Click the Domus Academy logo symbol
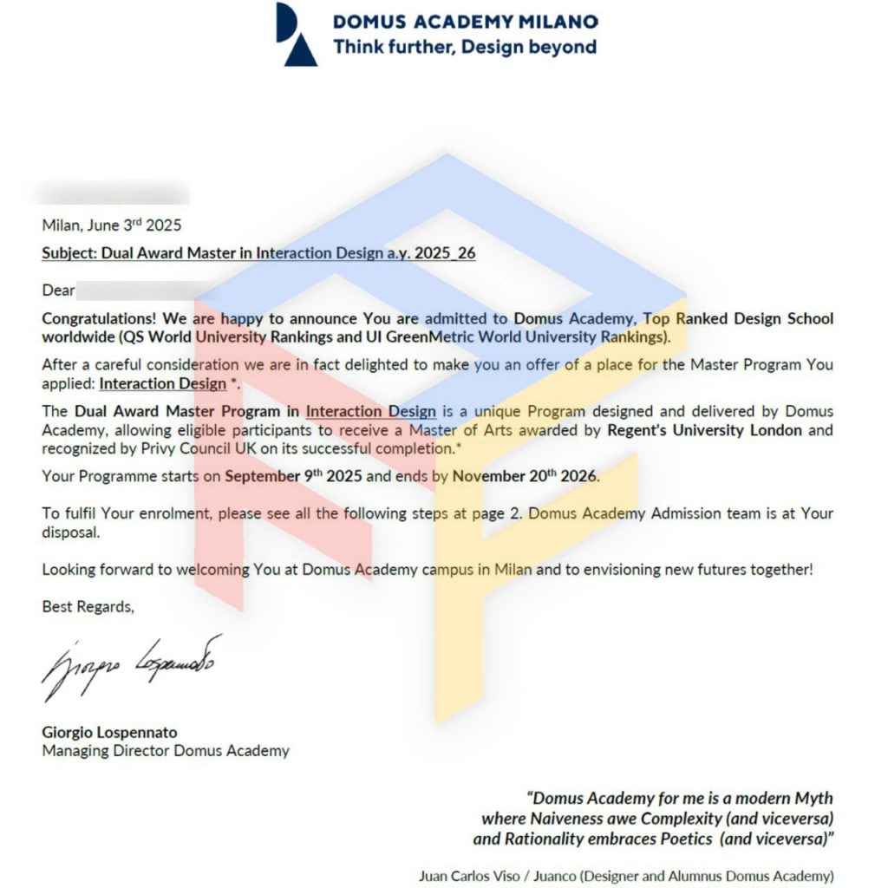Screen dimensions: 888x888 pos(296,34)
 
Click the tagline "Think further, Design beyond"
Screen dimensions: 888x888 pos(465,47)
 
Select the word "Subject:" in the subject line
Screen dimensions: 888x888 pos(69,253)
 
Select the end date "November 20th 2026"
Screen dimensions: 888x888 pos(525,476)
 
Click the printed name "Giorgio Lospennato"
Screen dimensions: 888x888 pos(109,733)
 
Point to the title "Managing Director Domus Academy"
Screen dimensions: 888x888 pos(166,751)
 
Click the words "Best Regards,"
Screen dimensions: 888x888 pos(88,607)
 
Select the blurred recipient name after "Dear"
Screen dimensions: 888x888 pos(142,291)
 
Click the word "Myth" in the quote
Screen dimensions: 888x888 pos(814,799)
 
